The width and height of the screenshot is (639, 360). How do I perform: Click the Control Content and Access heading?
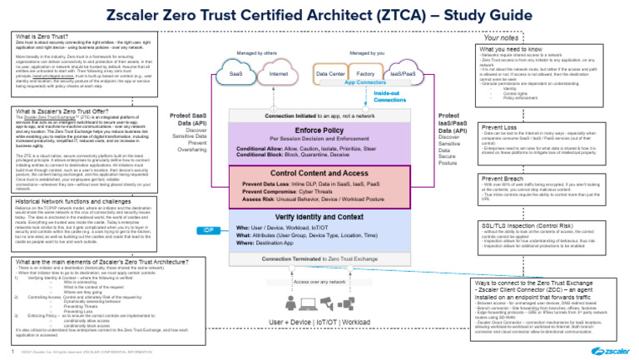332,172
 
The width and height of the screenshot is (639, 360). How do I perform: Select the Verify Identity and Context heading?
332,217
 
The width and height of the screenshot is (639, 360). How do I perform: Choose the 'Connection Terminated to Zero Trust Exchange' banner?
332,259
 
